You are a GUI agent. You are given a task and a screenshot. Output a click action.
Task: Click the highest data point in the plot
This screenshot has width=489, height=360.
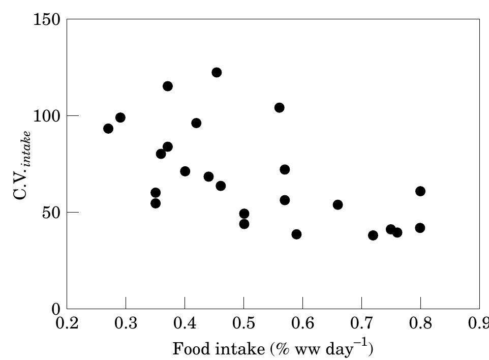[x=217, y=73]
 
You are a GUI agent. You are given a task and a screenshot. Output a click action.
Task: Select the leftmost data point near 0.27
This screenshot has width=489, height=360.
[x=108, y=129]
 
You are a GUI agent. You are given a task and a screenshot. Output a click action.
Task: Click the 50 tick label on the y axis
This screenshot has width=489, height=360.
[x=52, y=212]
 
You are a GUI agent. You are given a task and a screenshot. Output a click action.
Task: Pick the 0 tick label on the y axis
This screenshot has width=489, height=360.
[x=57, y=309]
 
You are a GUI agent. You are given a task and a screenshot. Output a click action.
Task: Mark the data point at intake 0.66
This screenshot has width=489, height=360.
[x=338, y=205]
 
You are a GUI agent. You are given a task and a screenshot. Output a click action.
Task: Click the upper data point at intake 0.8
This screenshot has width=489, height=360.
[x=420, y=191]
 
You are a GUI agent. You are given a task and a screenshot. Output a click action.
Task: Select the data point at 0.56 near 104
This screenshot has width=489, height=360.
[x=279, y=108]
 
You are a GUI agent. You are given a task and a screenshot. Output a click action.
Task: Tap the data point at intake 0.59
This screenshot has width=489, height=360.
[x=296, y=234]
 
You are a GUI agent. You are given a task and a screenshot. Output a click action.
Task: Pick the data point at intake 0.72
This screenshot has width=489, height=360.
[x=373, y=235]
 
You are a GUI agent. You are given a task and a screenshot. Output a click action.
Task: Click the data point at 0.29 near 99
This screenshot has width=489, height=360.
[x=120, y=117]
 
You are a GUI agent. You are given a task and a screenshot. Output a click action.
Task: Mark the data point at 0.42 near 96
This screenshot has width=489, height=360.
[x=196, y=123]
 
